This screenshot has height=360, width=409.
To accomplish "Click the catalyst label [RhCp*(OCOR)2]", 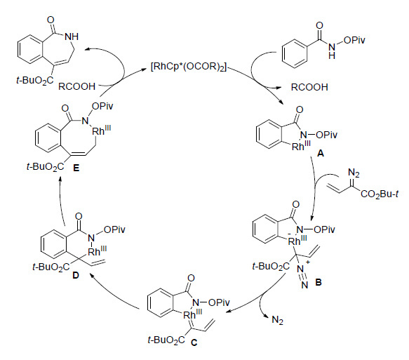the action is (189, 67).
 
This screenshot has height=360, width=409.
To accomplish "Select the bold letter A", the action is (321, 154).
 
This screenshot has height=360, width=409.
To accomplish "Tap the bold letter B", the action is (319, 282).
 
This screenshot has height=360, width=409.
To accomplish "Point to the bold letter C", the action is (194, 342).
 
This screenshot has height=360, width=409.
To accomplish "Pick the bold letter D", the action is (76, 276).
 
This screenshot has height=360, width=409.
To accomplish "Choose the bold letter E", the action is (76, 168).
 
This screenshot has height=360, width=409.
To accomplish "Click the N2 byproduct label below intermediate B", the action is (277, 320).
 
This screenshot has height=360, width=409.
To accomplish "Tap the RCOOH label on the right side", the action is (309, 87).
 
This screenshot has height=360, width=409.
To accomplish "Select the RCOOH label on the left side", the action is (77, 86).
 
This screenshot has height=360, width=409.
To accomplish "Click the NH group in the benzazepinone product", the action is (72, 36).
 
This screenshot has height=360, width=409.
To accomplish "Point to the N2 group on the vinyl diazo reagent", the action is (354, 173).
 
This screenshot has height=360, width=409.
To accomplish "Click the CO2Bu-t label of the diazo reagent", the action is (380, 194).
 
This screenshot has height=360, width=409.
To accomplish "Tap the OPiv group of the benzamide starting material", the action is (354, 40).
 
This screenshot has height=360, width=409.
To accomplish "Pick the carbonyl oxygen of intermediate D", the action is (79, 216).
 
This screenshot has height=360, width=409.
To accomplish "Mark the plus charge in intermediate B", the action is (308, 262).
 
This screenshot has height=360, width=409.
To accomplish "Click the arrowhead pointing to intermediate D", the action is (92, 274).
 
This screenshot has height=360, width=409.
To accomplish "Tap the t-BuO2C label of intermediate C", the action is (166, 340).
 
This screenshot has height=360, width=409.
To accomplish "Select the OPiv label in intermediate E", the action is (102, 107).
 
